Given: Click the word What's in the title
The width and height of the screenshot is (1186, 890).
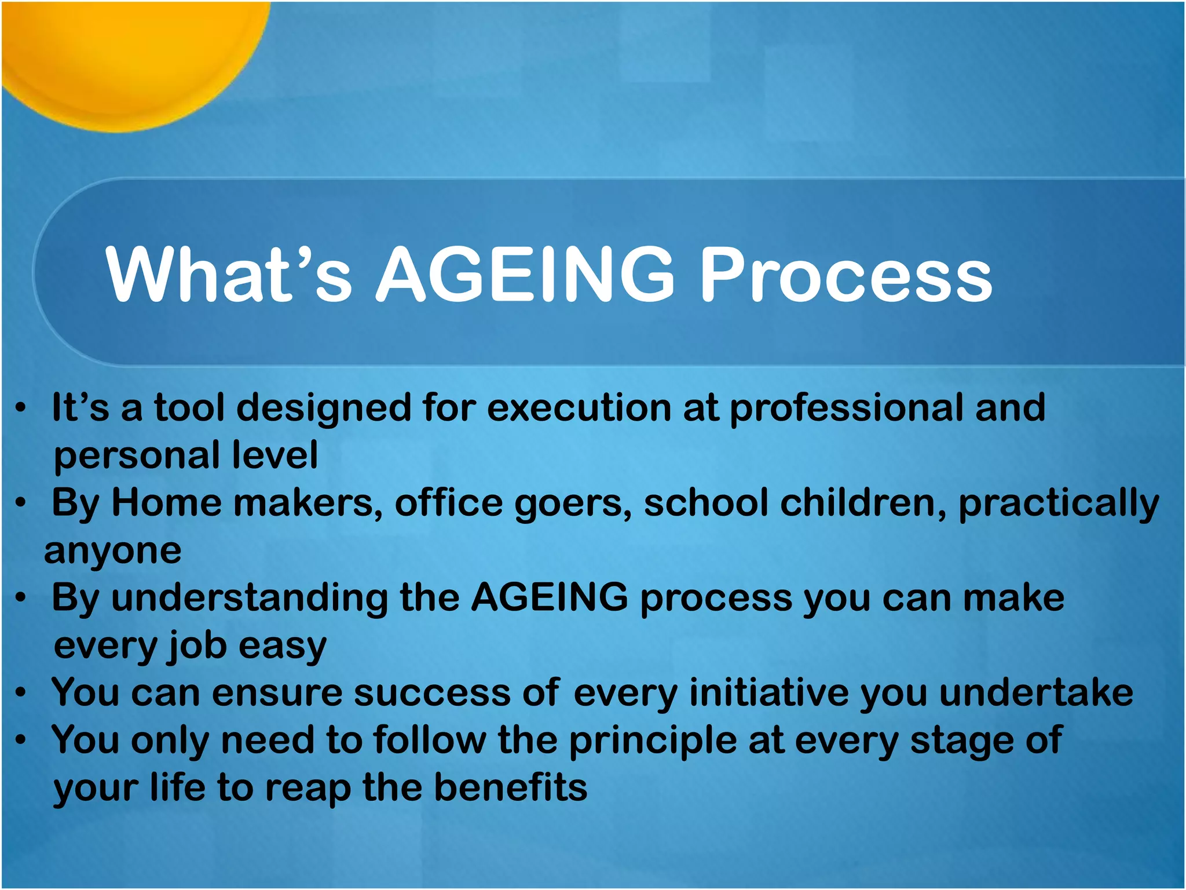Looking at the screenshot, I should click(x=229, y=273).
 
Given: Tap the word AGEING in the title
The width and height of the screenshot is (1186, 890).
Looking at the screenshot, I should click(x=525, y=273).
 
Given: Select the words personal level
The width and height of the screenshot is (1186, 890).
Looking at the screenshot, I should click(x=185, y=455).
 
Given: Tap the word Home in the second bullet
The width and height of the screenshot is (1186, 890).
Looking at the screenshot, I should click(x=166, y=502).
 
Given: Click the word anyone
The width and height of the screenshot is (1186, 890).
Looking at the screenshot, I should click(x=113, y=550).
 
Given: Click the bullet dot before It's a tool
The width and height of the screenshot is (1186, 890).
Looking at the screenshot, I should click(x=21, y=408).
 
